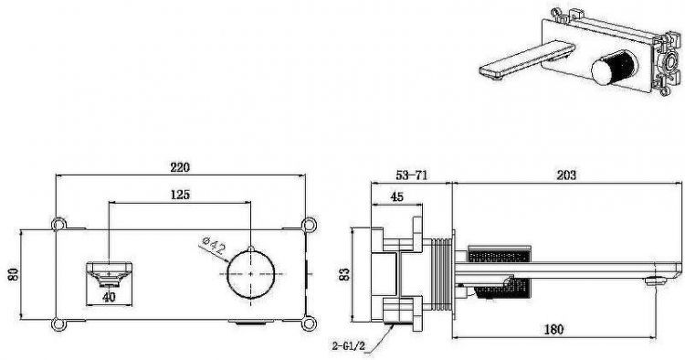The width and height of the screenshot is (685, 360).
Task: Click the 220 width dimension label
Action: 180,167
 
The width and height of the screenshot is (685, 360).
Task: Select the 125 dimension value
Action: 180,194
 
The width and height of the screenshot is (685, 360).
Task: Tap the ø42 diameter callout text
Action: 214,246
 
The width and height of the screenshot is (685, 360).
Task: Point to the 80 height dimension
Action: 14,274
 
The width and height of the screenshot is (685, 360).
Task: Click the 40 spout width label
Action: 109,298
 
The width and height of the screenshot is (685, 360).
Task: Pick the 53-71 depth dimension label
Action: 412,175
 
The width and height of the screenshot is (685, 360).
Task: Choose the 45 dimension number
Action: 396,196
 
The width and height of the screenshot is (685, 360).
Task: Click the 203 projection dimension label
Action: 566,175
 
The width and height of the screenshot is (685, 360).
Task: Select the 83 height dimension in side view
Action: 344,274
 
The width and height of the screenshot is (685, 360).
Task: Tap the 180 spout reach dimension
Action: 553,329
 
